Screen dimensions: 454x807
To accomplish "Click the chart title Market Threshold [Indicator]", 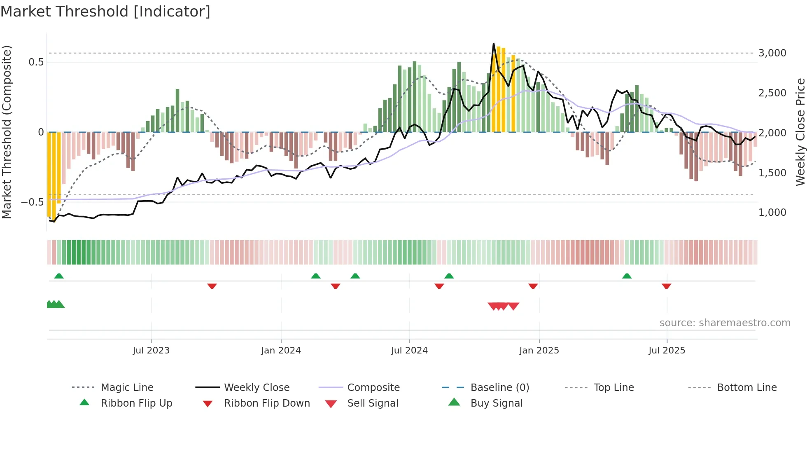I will (x=105, y=12).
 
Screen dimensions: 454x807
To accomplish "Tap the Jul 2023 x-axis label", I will (x=151, y=351).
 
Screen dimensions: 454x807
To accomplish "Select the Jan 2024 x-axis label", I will (x=281, y=351).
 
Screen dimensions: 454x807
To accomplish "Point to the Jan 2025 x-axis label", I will (x=539, y=351).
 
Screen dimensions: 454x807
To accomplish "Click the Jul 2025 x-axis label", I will (x=667, y=351).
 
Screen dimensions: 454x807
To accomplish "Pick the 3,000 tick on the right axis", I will (x=772, y=53).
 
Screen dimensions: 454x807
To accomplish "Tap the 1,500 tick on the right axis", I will (x=772, y=173).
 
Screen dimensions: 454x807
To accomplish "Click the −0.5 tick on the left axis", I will (x=33, y=202).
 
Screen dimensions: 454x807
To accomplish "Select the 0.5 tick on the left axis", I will (x=36, y=62).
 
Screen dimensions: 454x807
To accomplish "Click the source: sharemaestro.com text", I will (x=725, y=323).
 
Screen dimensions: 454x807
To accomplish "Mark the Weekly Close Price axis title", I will (x=800, y=132).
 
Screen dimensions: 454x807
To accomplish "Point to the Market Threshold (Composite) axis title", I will (x=7, y=132).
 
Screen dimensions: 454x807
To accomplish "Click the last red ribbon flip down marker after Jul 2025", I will (x=666, y=286).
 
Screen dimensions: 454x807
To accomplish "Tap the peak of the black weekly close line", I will (x=494, y=44).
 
